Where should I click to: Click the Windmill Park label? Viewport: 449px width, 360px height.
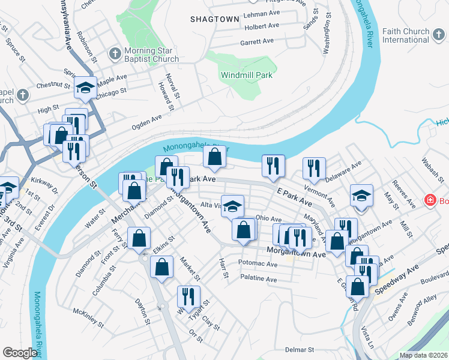247,75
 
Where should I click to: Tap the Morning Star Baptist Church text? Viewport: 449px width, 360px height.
151,55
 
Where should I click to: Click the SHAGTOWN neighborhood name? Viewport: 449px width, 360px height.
215,19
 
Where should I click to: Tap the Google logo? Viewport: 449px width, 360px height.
20,353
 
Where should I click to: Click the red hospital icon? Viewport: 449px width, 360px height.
430,199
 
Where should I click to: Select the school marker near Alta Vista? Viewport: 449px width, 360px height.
233,206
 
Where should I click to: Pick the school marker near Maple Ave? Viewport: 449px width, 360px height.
86,89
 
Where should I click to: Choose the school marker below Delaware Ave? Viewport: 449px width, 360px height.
361,196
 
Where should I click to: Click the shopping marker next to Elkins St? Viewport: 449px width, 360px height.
139,238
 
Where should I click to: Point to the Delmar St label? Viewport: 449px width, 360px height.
300,349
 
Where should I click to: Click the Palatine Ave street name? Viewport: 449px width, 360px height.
258,279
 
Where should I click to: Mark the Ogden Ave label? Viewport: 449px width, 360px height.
147,121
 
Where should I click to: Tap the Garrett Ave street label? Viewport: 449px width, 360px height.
257,41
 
